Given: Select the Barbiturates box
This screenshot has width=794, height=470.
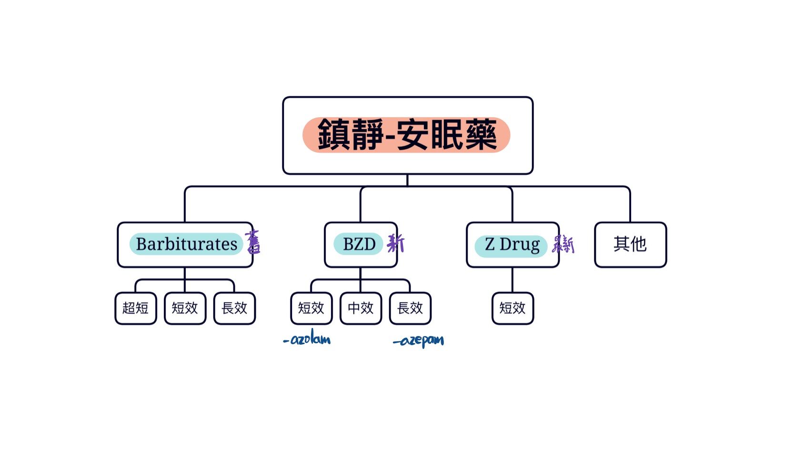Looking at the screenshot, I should pos(185,245).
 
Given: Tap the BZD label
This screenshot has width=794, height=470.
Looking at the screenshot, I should pos(360,244).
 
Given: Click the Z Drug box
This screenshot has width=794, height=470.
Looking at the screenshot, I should pos(512,245).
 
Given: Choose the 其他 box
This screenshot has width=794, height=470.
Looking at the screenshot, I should pos(630,245).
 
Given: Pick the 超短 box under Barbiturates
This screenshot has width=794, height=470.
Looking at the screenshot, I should pos(136,308).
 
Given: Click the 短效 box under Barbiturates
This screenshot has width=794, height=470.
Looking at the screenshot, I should pos(185,308).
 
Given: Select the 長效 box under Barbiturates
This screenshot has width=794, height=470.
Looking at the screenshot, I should pos(234,308).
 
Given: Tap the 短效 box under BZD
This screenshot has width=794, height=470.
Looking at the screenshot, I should pos(311,308).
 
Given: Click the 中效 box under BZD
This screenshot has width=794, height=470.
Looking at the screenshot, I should pos(361,308).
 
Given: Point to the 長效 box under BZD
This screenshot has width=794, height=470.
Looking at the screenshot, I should pos(410,308).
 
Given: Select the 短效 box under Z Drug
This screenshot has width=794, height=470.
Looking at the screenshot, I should pos(513,308).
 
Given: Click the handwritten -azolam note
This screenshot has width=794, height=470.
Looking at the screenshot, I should pos(307,340).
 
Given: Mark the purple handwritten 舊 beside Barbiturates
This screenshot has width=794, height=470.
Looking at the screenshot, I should pos(253,242).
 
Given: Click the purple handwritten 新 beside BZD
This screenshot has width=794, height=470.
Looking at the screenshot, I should pos(396,244).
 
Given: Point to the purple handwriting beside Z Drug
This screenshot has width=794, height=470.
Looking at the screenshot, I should pos(563,245).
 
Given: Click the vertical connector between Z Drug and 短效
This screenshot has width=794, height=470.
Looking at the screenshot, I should pos(513,280).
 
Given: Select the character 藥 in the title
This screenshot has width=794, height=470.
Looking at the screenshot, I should pos(480,135).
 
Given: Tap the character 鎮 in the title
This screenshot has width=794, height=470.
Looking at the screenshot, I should pos(334,135).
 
